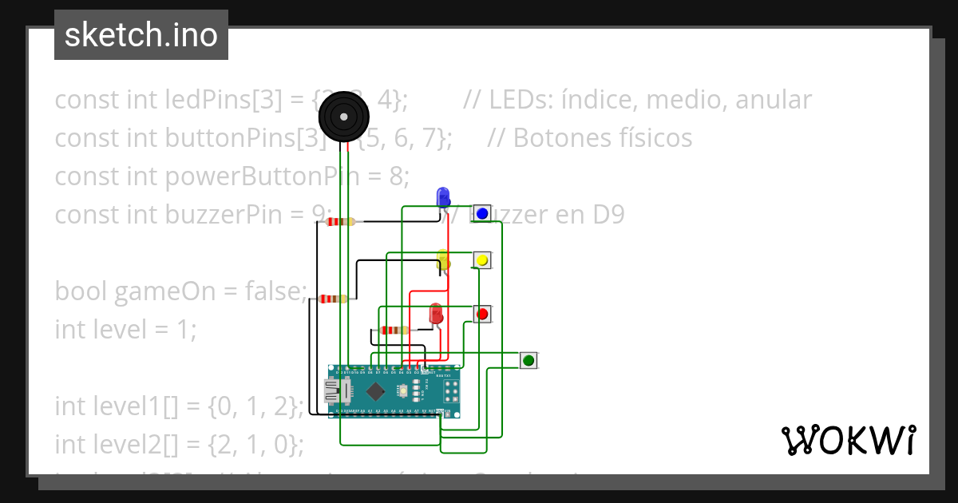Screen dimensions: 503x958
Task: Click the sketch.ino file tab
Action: [141, 35]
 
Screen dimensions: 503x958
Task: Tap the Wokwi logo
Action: [848, 440]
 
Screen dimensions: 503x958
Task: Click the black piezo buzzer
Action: [344, 117]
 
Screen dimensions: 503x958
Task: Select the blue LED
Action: [443, 196]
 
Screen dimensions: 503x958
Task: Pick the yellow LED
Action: [444, 259]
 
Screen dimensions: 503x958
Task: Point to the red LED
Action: [436, 313]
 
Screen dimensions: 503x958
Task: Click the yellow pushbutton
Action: [481, 260]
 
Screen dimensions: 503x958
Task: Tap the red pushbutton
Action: [482, 314]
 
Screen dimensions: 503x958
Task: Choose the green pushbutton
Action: [528, 361]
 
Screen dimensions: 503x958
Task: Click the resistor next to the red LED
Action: [394, 330]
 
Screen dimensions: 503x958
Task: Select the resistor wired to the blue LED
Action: [341, 222]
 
